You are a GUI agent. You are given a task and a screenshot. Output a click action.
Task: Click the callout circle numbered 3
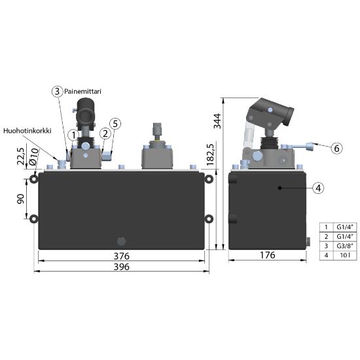[x=57, y=92]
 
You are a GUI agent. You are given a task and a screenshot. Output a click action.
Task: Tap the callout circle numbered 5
[x=115, y=124]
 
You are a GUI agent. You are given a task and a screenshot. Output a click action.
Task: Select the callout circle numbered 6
[x=336, y=149]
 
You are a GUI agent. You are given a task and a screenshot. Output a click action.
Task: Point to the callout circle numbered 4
[x=318, y=189]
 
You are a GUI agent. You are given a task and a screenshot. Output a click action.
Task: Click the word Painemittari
[x=82, y=92]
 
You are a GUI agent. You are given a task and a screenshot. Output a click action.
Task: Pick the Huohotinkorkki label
[x=27, y=131]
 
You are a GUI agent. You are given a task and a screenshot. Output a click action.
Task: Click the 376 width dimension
[x=122, y=256]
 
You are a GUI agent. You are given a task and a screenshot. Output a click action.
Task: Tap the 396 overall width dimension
[x=122, y=267]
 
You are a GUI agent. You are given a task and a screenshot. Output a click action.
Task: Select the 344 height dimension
[x=217, y=121]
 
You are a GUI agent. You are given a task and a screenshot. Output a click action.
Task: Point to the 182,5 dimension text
[x=210, y=154]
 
